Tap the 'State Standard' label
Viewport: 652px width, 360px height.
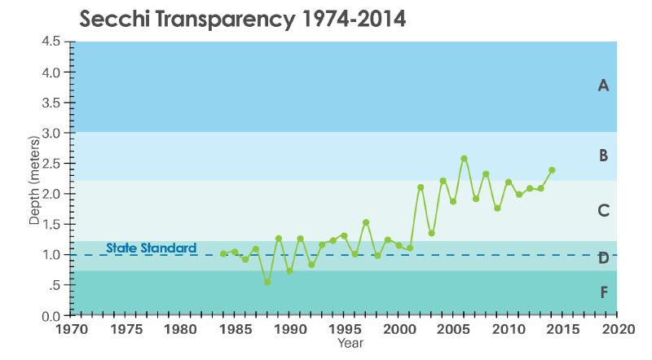point(152,248)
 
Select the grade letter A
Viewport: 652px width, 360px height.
point(603,85)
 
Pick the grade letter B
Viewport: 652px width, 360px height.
point(603,155)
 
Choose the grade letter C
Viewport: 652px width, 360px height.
point(603,210)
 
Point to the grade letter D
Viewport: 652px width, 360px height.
point(603,258)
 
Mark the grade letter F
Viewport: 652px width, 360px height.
point(603,292)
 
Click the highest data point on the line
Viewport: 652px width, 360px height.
point(465,159)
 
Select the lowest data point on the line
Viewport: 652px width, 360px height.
point(267,282)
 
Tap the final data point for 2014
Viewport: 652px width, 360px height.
point(552,170)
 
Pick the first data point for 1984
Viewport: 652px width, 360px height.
point(223,253)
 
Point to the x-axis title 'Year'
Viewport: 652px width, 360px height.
point(352,344)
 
